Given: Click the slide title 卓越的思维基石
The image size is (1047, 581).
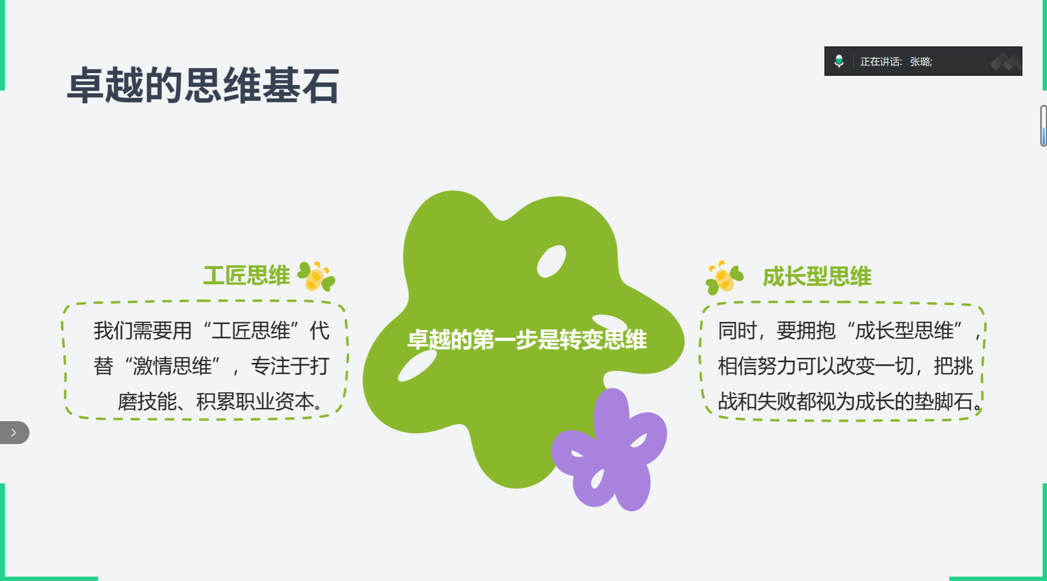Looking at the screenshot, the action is click(203, 85).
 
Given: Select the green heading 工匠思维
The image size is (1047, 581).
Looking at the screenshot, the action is click(247, 275).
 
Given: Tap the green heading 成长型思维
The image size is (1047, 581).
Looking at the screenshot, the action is click(817, 277).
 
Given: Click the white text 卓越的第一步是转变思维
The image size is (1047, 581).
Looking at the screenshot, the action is click(527, 339).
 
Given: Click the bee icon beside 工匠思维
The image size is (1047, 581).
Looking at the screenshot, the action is click(316, 276).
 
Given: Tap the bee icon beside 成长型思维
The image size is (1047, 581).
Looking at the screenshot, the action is click(724, 277).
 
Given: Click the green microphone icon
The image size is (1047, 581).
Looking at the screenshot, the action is click(839, 61).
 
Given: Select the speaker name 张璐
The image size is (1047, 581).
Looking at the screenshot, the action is click(920, 62).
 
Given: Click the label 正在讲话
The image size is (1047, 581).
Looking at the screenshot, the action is click(880, 62).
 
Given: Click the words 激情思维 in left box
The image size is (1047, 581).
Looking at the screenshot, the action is click(172, 366).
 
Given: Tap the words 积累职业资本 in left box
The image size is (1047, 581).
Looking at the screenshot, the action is click(255, 402).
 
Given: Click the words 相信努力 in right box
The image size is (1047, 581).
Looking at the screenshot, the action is click(757, 366).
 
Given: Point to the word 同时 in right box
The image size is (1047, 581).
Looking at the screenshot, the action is click(737, 331).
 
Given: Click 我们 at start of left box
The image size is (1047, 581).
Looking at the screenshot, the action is click(113, 331).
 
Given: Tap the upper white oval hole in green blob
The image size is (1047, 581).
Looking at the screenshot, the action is click(551, 261).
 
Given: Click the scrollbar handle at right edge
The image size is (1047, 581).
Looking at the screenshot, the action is click(1043, 126).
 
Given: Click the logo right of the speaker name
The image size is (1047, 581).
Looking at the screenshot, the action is click(1006, 62).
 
